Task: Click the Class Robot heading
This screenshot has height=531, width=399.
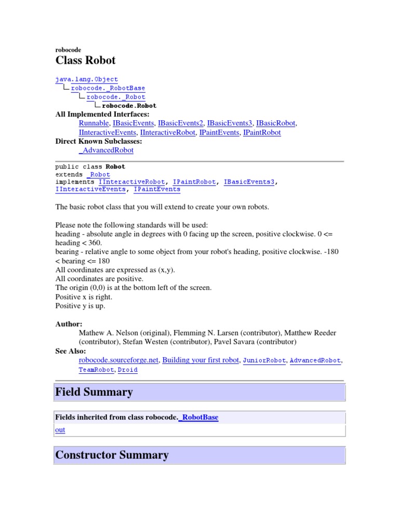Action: click(85, 61)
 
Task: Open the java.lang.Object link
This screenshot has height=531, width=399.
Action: click(87, 79)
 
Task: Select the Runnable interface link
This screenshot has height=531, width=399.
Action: click(94, 123)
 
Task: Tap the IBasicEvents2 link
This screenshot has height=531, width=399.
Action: click(180, 123)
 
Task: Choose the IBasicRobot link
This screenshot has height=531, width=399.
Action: click(275, 123)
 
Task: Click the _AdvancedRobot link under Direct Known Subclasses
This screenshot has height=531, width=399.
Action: click(106, 150)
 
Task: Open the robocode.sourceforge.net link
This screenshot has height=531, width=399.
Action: click(119, 360)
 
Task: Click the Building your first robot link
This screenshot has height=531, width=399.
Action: click(201, 360)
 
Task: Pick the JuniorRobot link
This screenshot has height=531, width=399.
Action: click(263, 360)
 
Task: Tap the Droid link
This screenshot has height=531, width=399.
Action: click(127, 370)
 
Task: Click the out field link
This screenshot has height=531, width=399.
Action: click(60, 429)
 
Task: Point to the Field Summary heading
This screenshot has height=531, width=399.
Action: click(94, 392)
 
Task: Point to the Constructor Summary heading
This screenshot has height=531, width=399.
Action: click(112, 455)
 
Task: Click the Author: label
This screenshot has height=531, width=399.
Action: click(69, 324)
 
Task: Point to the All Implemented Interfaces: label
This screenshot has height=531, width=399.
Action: click(102, 114)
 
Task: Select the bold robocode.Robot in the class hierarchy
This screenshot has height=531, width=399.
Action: click(129, 105)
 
